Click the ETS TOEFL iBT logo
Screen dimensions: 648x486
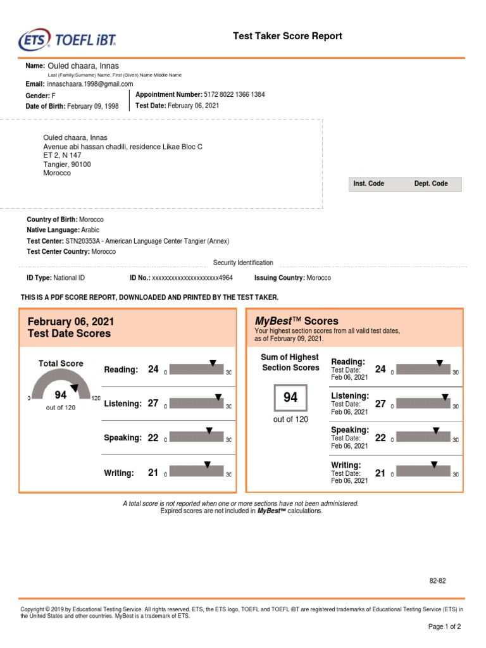pyautogui.click(x=68, y=40)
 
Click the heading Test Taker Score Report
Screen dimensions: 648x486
pyautogui.click(x=287, y=36)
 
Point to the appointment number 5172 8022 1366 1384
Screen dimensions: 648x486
pyautogui.click(x=234, y=94)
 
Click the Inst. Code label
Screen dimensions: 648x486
pyautogui.click(x=369, y=184)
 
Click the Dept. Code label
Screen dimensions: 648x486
pyautogui.click(x=431, y=184)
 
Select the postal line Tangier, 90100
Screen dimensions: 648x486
pyautogui.click(x=67, y=164)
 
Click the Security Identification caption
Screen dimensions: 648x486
pyautogui.click(x=243, y=263)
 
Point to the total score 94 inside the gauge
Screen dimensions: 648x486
pyautogui.click(x=61, y=395)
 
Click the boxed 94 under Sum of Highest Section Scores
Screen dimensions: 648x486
pyautogui.click(x=290, y=397)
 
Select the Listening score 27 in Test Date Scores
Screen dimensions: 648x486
pyautogui.click(x=153, y=403)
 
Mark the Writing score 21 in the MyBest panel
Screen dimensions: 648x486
pyautogui.click(x=380, y=473)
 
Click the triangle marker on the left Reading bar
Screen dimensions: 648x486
pyautogui.click(x=213, y=363)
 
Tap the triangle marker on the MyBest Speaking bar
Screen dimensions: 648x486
pyautogui.click(x=435, y=430)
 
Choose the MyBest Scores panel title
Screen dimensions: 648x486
pyautogui.click(x=296, y=321)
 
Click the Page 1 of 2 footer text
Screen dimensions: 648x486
pyautogui.click(x=444, y=626)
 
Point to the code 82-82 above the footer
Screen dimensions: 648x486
pyautogui.click(x=438, y=580)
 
